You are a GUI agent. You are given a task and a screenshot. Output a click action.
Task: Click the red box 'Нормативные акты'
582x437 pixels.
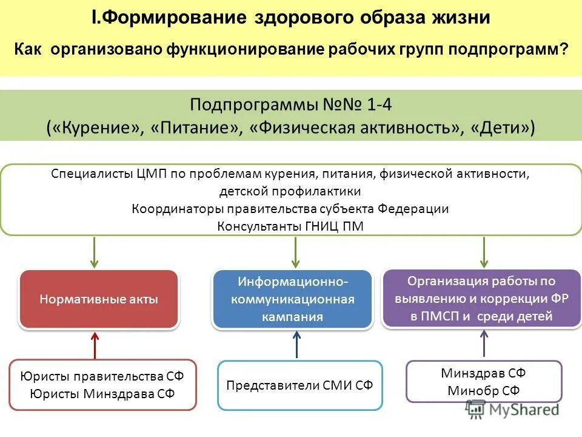(x=99, y=299)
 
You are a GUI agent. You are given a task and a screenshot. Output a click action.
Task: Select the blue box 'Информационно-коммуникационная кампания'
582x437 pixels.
(x=292, y=299)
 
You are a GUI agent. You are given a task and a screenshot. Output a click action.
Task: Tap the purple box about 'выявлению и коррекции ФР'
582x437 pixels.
(x=481, y=298)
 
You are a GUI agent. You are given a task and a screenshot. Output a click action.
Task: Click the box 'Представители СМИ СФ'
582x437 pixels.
(x=299, y=385)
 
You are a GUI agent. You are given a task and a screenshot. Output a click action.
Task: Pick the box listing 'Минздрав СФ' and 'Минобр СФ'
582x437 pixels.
(x=483, y=381)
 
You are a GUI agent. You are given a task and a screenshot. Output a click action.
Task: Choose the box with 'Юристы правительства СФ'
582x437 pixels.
(x=102, y=384)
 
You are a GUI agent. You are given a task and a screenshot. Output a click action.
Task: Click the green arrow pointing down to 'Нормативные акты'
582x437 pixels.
(x=95, y=252)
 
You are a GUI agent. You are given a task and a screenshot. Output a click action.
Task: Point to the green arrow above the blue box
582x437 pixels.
(x=295, y=252)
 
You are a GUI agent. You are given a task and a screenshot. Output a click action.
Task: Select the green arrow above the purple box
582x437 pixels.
(x=484, y=252)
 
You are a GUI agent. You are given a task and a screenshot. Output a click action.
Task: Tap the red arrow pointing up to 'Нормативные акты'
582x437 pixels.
(x=95, y=345)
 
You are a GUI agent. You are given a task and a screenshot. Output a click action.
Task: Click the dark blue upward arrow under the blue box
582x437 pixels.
(x=296, y=345)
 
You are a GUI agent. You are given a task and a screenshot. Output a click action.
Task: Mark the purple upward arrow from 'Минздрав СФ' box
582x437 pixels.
(x=484, y=344)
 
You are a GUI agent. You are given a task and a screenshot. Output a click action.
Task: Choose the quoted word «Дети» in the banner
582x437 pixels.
(x=503, y=127)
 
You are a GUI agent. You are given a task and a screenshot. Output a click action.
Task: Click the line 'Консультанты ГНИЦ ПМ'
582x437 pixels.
(x=290, y=226)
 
